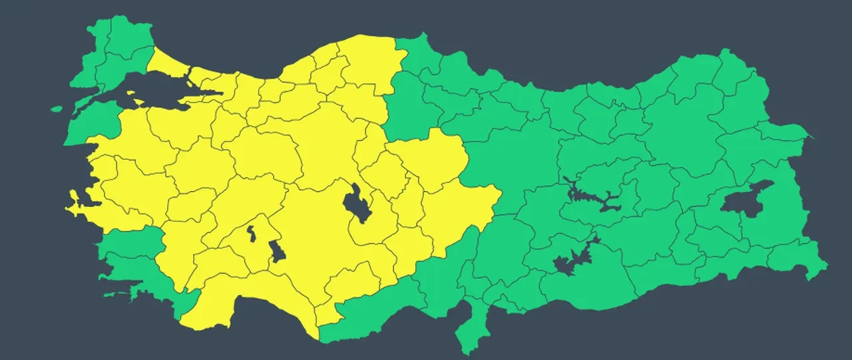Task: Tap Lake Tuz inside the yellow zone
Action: (359, 204)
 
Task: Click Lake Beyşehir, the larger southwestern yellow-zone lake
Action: (276, 252)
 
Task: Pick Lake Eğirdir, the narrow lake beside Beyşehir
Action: (252, 233)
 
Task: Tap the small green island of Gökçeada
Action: (57, 108)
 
